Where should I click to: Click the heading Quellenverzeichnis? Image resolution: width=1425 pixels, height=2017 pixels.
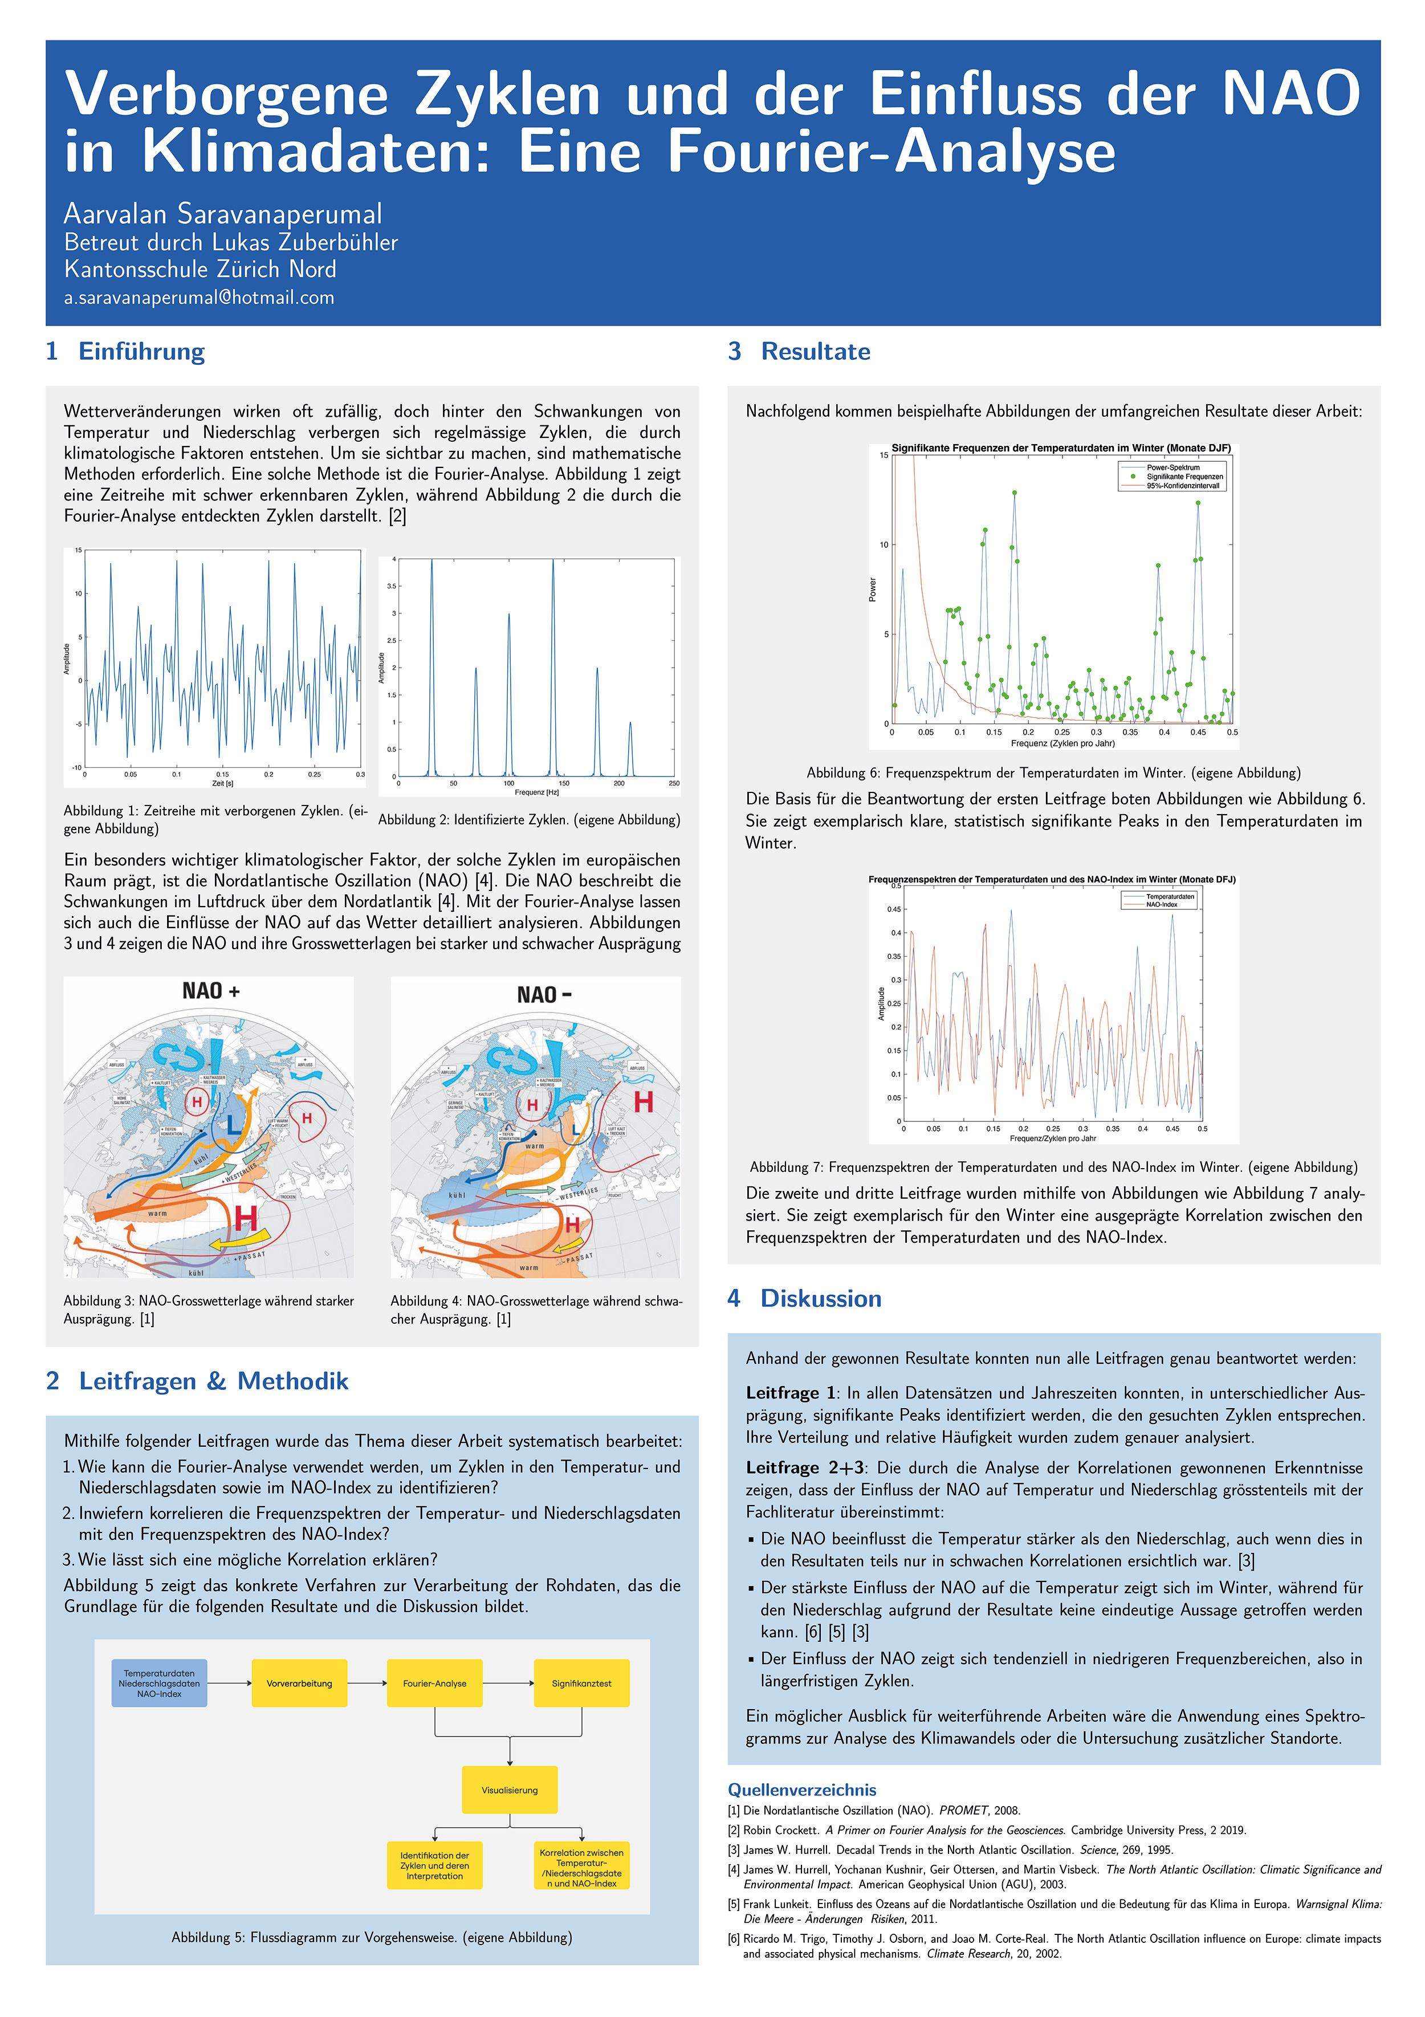click(x=801, y=1790)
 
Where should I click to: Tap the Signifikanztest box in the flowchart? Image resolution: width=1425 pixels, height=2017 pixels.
click(x=581, y=1683)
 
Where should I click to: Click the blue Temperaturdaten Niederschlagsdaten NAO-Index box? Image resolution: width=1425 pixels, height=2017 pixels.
click(x=159, y=1683)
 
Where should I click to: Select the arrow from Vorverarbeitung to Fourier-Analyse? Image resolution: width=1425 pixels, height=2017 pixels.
click(x=367, y=1683)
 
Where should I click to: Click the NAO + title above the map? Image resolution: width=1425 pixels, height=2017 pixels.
click(x=211, y=991)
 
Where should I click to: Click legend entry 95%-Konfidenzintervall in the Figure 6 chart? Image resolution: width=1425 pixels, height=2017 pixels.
click(x=1183, y=486)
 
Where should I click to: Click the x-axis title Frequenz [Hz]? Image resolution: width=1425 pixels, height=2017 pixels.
click(x=536, y=792)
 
